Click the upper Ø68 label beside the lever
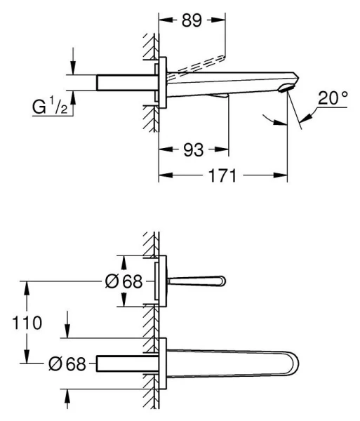pyautogui.click(x=124, y=282)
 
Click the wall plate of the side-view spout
pyautogui.click(x=162, y=82)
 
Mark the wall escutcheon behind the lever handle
pyautogui.click(x=164, y=282)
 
